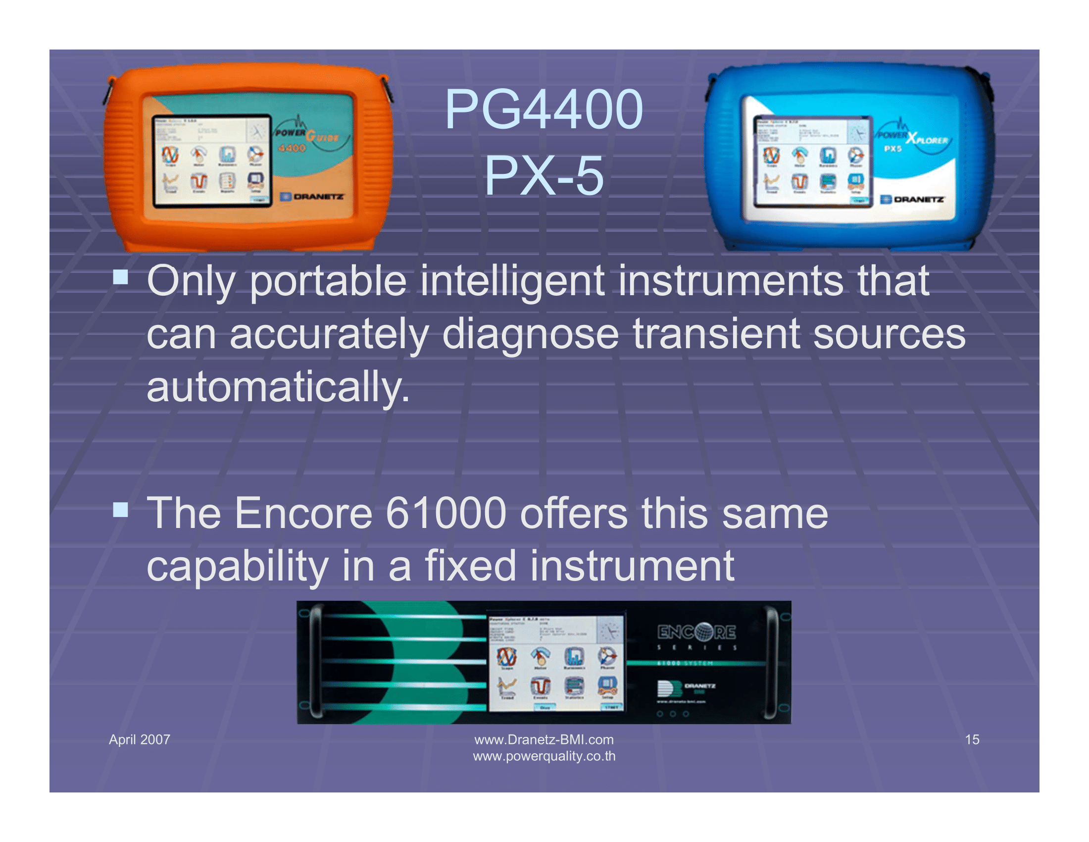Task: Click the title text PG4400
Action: click(544, 109)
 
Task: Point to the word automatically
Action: click(278, 387)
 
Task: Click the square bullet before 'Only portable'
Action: click(120, 276)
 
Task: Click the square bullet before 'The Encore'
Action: click(120, 509)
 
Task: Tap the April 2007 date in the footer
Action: click(140, 739)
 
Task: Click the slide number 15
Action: click(972, 739)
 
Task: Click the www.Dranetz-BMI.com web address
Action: click(544, 739)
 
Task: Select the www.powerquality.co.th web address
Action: click(544, 756)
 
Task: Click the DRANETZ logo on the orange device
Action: click(313, 197)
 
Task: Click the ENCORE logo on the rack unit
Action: click(696, 632)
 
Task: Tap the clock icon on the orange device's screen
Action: click(258, 132)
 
